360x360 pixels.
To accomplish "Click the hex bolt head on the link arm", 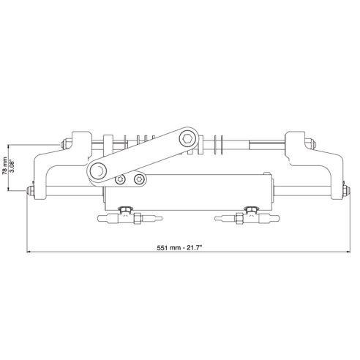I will pos(189,138).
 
